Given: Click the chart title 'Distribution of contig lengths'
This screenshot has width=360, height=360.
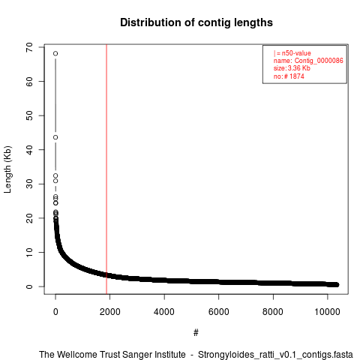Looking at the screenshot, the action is tap(196, 22).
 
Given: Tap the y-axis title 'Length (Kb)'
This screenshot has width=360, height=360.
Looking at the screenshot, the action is tap(7, 169).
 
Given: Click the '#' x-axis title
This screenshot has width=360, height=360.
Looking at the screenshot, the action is tap(196, 333).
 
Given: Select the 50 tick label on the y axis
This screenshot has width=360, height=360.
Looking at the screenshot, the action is tap(29, 115).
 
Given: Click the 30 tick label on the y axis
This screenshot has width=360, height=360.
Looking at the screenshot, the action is tap(29, 184).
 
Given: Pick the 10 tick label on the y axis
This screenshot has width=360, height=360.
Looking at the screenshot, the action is tap(29, 252).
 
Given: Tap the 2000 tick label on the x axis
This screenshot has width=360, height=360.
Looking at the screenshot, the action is tap(110, 312).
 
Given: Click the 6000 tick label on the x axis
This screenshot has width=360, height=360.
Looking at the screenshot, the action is tap(219, 312).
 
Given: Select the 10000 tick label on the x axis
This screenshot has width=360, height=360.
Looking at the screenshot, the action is tap(328, 312).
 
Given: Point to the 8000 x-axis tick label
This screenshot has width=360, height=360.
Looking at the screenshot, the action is tap(273, 312).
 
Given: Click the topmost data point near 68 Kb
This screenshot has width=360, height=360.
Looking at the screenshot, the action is tap(55, 53).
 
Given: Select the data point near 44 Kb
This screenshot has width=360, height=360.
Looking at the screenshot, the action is tap(55, 137).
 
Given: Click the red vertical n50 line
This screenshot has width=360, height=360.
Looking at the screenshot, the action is tap(106, 169).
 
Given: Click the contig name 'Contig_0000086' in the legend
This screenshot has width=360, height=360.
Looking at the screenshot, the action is tap(319, 61).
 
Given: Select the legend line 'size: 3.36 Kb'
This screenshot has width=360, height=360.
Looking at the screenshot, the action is tap(292, 68).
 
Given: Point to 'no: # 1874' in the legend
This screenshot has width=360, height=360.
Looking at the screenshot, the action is tap(289, 76).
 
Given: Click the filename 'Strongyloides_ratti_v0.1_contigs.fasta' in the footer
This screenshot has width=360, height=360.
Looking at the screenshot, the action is tap(275, 355).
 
